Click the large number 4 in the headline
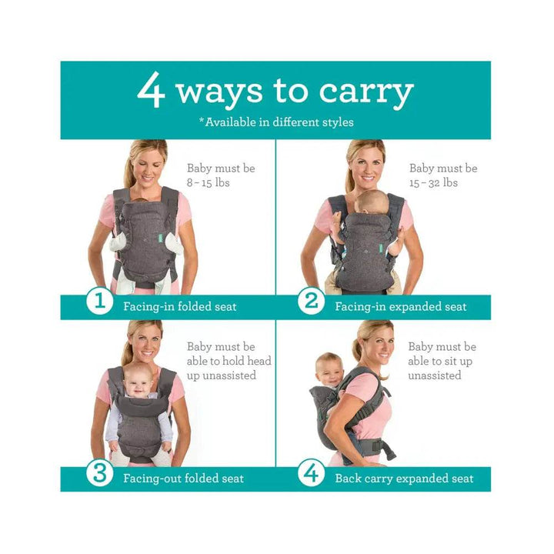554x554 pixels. coord(152,90)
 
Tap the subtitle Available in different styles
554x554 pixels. coord(276,122)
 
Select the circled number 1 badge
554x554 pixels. coord(99,301)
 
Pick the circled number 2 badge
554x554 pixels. coord(311,301)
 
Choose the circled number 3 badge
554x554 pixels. coord(99,472)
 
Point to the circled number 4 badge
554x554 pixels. coord(311,472)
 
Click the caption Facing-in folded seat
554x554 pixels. coord(180,306)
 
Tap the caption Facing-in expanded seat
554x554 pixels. coord(401,307)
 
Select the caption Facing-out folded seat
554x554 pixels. coord(183,479)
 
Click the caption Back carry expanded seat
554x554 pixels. coord(404,479)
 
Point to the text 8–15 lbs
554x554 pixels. coord(208,183)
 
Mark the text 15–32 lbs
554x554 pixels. coord(433,183)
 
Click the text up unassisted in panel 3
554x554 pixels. coord(222,375)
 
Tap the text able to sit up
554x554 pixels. coord(440,362)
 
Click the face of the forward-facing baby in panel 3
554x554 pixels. coord(138,382)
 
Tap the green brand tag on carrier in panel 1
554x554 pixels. coord(159,237)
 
